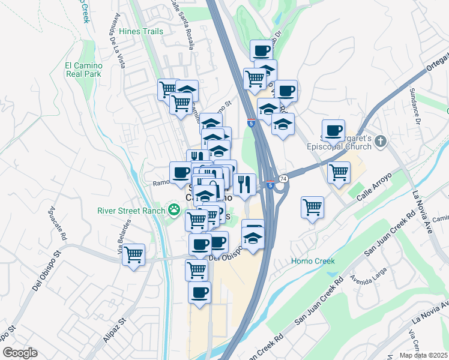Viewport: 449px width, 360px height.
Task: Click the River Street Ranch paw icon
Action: pyautogui.click(x=174, y=209)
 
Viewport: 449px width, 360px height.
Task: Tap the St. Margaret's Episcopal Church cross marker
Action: pyautogui.click(x=380, y=142)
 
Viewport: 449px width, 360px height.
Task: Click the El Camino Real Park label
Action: pyautogui.click(x=83, y=70)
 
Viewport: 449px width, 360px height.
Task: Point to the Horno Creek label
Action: pyautogui.click(x=313, y=261)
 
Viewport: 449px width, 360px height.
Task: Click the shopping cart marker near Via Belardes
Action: pyautogui.click(x=133, y=254)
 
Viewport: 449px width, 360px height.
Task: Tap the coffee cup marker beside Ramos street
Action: pyautogui.click(x=181, y=173)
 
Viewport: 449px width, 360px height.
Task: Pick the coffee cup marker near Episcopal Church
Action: pyautogui.click(x=333, y=130)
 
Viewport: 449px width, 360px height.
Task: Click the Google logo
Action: pyautogui.click(x=20, y=353)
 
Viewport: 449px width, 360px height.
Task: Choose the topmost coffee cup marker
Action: pyautogui.click(x=261, y=50)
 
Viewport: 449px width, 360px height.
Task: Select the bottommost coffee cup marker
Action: pyautogui.click(x=200, y=293)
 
